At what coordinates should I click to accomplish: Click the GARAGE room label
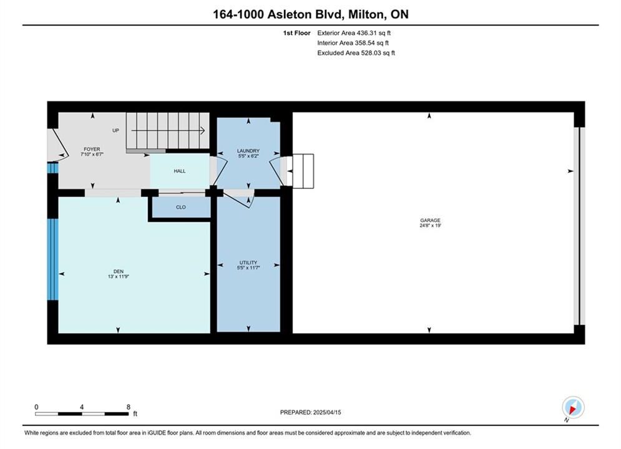pyautogui.click(x=430, y=220)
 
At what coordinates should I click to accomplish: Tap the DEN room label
pyautogui.click(x=119, y=271)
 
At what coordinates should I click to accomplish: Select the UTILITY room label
pyautogui.click(x=248, y=263)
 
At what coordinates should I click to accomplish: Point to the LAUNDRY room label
pyautogui.click(x=248, y=151)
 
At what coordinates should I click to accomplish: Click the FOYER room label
pyautogui.click(x=92, y=149)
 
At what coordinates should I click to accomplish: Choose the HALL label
pyautogui.click(x=179, y=171)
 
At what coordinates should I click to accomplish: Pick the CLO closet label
pyautogui.click(x=180, y=207)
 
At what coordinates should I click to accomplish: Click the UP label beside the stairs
pyautogui.click(x=115, y=130)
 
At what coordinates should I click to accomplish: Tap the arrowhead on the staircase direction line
pyautogui.click(x=202, y=130)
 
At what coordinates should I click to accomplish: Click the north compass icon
pyautogui.click(x=573, y=407)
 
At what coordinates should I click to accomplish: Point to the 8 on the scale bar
pyautogui.click(x=129, y=407)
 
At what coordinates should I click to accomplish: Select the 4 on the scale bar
pyautogui.click(x=82, y=407)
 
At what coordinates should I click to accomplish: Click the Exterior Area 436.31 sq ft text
pyautogui.click(x=354, y=33)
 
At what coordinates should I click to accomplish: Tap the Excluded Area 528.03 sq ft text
pyautogui.click(x=356, y=52)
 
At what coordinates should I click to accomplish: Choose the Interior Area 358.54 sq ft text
pyautogui.click(x=353, y=43)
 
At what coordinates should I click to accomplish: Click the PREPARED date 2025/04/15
pyautogui.click(x=327, y=412)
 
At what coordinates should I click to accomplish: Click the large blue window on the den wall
pyautogui.click(x=52, y=259)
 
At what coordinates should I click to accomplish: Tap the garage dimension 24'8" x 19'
pyautogui.click(x=430, y=226)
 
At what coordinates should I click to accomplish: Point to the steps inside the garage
pyautogui.click(x=303, y=171)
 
